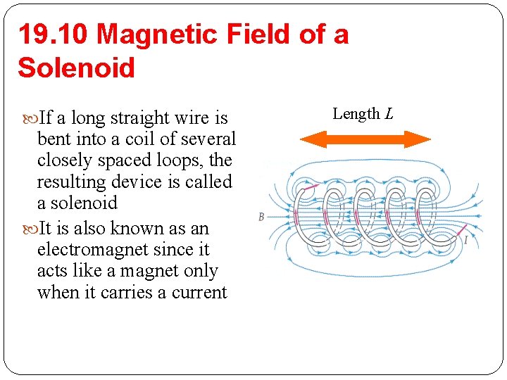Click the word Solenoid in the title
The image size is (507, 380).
coord(76,68)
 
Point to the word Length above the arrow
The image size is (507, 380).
coord(356,113)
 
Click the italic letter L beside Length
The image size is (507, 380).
coord(389,113)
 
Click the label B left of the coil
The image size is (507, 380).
coord(261,217)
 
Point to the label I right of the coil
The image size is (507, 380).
coord(465,241)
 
